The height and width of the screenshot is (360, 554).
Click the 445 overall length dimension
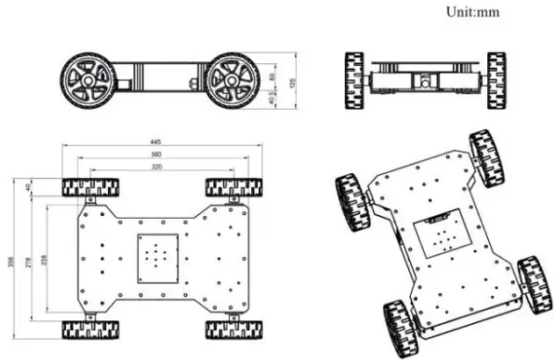coord(155,142)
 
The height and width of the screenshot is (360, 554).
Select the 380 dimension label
coord(155,155)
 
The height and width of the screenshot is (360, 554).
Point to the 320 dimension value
coord(156,166)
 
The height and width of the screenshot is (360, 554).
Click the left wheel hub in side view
coord(88,80)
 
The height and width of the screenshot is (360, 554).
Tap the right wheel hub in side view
coord(232,80)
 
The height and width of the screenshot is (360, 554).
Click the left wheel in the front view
coord(354,81)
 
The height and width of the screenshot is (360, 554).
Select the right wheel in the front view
coord(497,80)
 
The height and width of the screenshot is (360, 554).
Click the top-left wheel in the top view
coord(83,186)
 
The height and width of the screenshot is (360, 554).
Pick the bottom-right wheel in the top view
coord(228,329)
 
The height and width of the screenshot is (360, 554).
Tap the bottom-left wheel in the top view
coord(83,329)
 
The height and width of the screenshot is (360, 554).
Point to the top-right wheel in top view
coord(228,186)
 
